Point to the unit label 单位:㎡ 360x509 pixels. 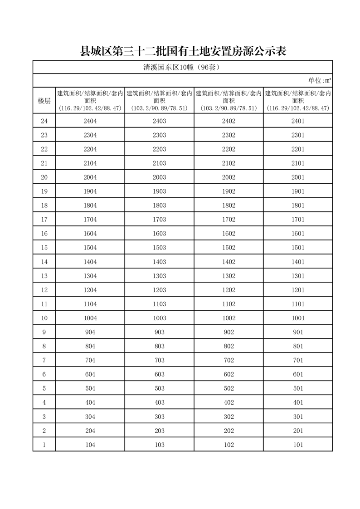319,81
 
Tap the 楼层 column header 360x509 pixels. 44,101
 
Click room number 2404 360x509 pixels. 90,121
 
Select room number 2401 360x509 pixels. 298,121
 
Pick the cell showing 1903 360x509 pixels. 160,191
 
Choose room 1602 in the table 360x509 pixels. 229,234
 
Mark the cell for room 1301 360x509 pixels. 298,276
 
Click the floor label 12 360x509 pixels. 44,290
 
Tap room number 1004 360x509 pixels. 90,318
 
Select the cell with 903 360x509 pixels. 160,332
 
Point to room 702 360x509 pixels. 229,360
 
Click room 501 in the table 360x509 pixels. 298,388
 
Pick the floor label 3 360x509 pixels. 44,416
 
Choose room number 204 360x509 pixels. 90,431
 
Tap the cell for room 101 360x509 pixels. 298,445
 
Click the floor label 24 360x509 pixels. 44,121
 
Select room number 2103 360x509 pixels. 160,163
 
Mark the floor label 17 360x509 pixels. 44,220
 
